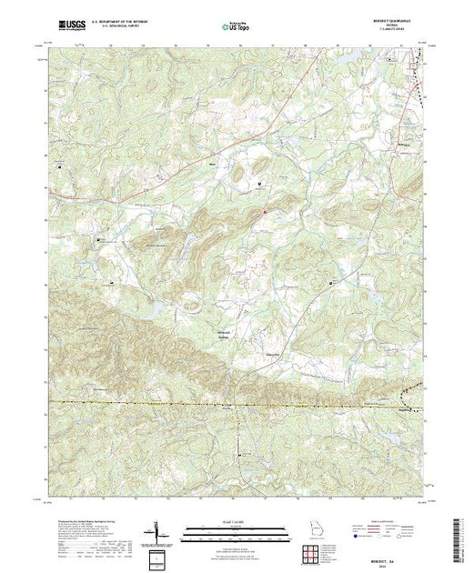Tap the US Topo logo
pyautogui.click(x=236, y=27)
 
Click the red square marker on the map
pyautogui.click(x=265, y=214)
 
